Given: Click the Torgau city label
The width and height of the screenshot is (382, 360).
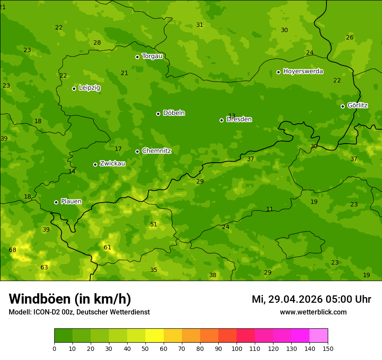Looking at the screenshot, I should coord(152,56).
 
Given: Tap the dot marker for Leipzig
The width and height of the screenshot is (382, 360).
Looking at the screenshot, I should coord(74,88).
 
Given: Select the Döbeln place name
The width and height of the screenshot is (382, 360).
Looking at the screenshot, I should coord(174,113).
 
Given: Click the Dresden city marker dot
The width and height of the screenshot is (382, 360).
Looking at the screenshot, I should coord(221,120).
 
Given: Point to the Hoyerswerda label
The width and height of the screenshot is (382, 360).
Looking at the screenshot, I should coord(303,72).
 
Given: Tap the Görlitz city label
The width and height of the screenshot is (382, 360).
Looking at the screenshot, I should coord(357,105).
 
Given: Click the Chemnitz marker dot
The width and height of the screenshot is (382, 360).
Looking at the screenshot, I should coord(137,151).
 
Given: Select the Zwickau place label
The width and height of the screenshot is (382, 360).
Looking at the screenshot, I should coord(112,164).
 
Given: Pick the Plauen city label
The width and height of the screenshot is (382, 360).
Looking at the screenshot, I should coord(71,202).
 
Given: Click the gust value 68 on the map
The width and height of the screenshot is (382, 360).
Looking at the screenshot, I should coord(13,250).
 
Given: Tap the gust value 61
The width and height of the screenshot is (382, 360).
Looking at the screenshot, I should coord(107,248).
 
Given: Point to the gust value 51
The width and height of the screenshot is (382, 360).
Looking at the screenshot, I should coord(154,225).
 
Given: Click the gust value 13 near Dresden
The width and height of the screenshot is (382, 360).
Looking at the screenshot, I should coord(232,116).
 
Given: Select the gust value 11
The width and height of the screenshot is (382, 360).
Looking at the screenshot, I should coord(270,209).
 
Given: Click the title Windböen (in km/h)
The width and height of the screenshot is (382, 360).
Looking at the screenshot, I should coord(70,299).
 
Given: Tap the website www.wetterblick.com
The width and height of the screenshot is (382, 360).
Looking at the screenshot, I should coord(313,312).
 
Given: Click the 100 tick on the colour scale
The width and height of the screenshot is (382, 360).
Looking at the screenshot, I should coord(237,348).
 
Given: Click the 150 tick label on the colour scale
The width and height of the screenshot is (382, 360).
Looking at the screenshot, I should coord(327,348).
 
